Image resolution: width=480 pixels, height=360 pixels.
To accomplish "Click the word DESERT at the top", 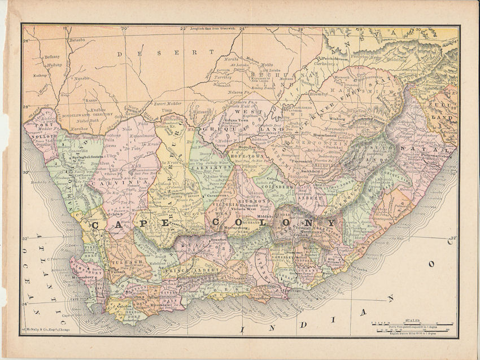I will [x=159, y=53].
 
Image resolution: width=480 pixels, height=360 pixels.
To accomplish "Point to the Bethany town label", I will [x=51, y=57].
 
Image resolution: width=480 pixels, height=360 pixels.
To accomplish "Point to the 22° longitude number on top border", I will [x=182, y=28].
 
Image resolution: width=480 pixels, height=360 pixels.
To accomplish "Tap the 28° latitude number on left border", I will [x=26, y=107].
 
